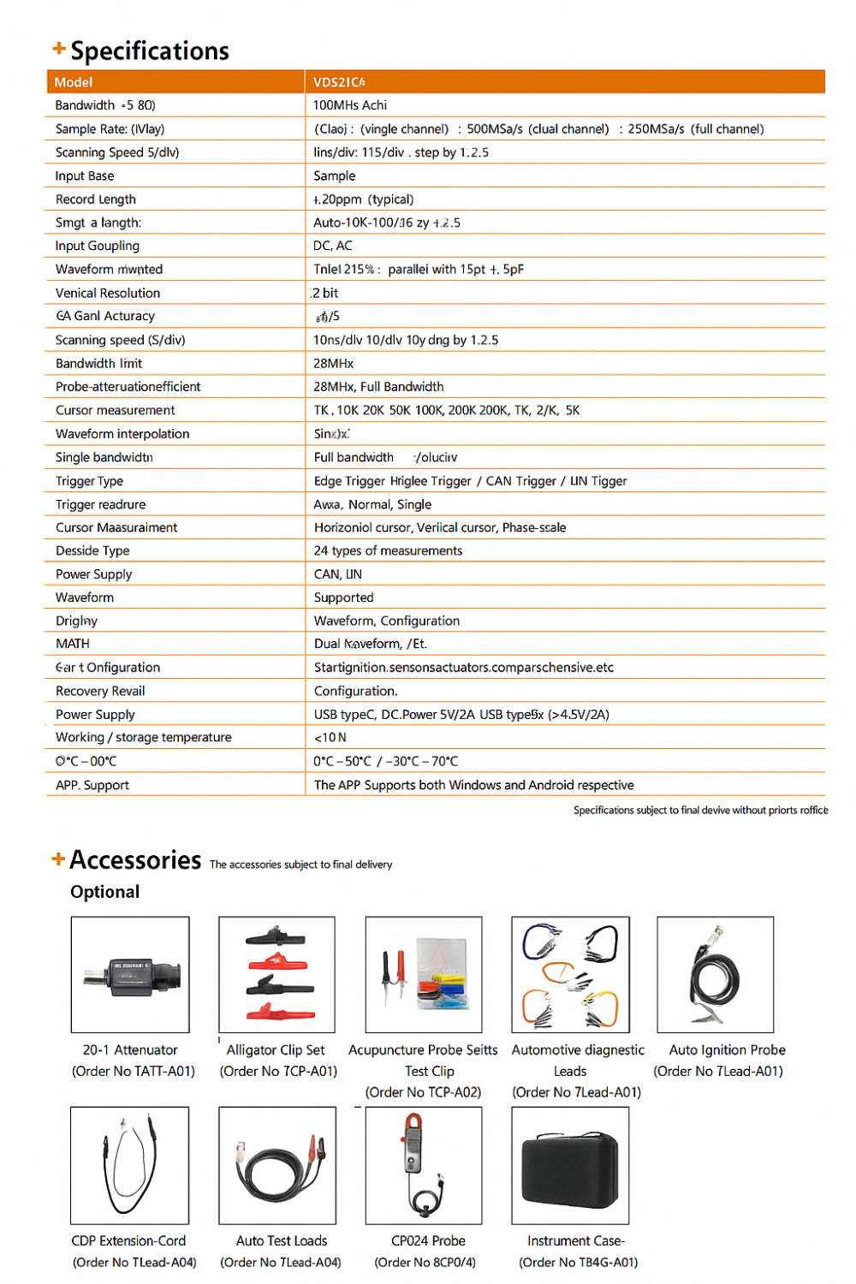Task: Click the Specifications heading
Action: click(x=149, y=51)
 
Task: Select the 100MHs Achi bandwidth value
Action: click(x=350, y=105)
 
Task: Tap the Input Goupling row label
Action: click(x=97, y=246)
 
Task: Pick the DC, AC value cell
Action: click(x=333, y=246)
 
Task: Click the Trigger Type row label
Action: click(x=89, y=481)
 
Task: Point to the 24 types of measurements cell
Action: click(x=388, y=550)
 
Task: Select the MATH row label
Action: click(x=73, y=644)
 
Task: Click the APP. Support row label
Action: click(x=92, y=785)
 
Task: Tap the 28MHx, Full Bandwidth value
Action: click(x=378, y=387)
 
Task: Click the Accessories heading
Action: click(x=135, y=859)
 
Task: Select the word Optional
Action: click(x=104, y=892)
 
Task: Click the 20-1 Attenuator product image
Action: click(x=130, y=974)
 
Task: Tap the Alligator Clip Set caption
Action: click(x=276, y=1050)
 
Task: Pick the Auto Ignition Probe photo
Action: click(x=715, y=974)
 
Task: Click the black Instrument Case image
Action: click(x=570, y=1165)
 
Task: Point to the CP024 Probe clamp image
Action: click(x=423, y=1165)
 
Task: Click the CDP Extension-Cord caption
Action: click(x=128, y=1241)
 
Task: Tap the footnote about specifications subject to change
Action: click(x=700, y=810)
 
